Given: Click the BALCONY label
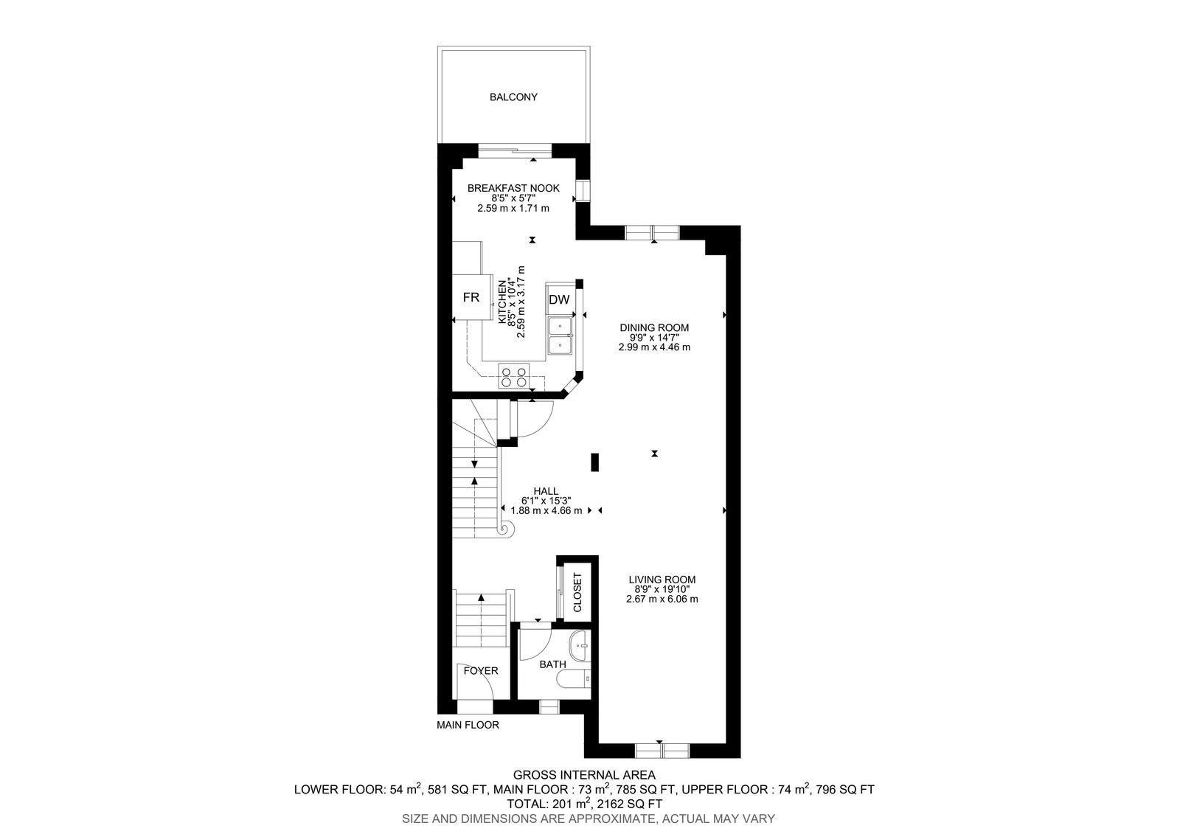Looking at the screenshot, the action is coord(513,97).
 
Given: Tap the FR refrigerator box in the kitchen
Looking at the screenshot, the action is coord(472,297).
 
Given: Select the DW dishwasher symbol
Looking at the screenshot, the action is coord(560,299).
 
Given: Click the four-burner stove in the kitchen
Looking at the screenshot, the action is coord(514,376).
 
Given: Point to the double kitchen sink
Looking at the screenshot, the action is coord(560,336).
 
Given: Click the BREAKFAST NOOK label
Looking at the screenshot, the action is coord(513,188).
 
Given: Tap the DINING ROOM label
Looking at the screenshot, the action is coord(654,327).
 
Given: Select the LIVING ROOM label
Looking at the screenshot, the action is coord(662,580).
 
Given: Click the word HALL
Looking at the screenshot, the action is coord(546,491).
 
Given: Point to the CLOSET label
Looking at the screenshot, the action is coord(577,592).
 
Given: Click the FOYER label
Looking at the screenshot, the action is coord(480,671).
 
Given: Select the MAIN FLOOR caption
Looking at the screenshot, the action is coord(468,725).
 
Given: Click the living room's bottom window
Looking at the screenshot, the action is coord(662,750).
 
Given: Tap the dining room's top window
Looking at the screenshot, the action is coord(652,232).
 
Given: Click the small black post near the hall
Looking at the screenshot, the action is coord(594,462).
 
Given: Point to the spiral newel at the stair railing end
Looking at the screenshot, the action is coord(507,529).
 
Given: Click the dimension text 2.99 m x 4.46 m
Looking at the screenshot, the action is coord(654,347).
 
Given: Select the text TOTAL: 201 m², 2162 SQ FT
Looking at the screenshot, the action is coord(585,804).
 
